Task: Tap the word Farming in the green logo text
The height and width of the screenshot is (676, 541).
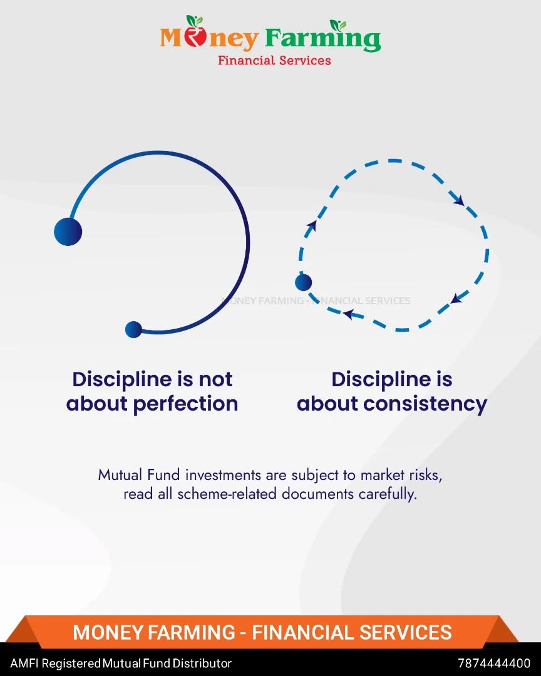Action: pos(322,39)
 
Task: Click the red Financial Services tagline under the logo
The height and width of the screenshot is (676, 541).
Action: pos(274,60)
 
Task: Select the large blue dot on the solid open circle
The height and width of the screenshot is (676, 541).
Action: pos(68,232)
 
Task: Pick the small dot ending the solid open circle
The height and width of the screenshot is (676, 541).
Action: pos(134,329)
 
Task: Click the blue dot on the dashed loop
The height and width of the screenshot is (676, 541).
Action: pos(303,282)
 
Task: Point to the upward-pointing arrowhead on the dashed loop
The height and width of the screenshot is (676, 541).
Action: pos(311,225)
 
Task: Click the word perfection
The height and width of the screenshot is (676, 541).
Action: pos(185,404)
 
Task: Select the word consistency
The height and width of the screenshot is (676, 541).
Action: pos(425,404)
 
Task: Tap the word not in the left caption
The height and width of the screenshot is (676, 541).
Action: pos(215,379)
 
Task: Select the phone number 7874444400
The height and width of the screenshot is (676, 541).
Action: pos(494,663)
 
